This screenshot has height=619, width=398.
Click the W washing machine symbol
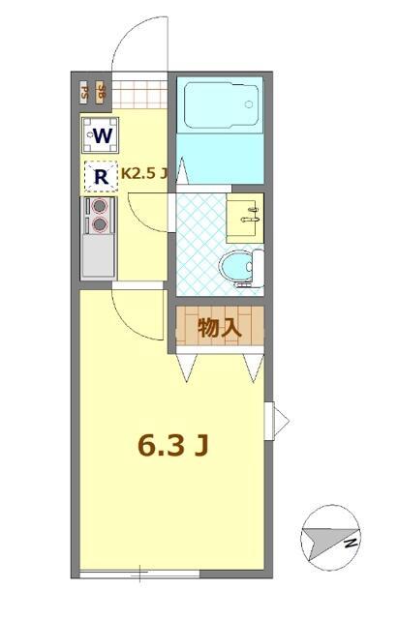pos(100,134)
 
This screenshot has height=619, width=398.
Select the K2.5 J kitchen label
pos(144,175)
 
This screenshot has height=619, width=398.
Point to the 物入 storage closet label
pos(219,328)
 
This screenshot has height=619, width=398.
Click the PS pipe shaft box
pos(85,93)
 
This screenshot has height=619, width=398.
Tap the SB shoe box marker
pos(102,93)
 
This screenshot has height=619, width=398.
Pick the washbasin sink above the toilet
pos(244,215)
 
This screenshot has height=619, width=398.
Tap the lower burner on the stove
pos(99,225)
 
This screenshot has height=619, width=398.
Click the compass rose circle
pos(330,535)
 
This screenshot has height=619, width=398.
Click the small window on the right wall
pos(279,418)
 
